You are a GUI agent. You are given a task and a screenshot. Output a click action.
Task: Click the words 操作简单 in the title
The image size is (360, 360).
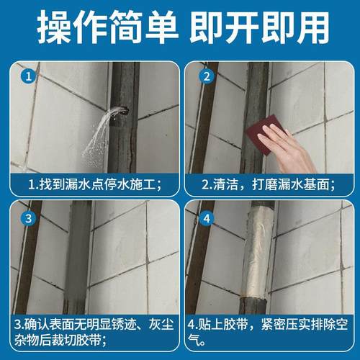108,30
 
